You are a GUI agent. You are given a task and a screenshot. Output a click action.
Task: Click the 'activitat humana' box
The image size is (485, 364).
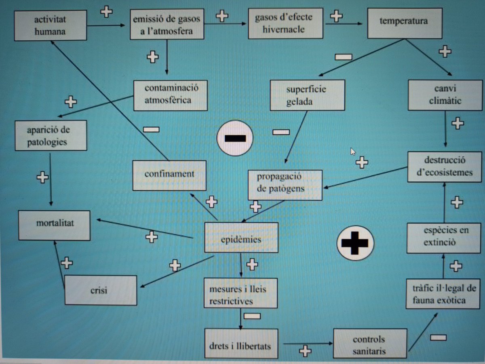pos(50,25)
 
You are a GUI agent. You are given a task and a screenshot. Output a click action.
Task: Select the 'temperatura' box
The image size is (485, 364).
pos(403,23)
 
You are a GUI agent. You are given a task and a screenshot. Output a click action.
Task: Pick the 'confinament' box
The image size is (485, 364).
pos(169,175)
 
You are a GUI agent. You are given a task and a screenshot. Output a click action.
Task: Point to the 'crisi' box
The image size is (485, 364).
pos(101,290)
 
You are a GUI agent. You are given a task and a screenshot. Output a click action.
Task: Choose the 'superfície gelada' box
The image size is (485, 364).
pos(307,95)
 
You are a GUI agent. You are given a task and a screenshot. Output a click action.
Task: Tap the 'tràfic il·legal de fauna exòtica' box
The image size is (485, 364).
pos(443,294)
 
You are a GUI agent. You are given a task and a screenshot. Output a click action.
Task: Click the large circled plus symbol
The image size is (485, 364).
pos(355,243)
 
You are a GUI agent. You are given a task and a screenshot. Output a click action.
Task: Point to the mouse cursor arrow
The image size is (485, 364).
pos(353,151)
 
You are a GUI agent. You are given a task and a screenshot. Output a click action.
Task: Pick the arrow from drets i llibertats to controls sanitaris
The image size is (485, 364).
pos(307,344)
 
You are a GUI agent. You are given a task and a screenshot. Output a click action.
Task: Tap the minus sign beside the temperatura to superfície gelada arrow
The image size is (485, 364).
pos(343,57)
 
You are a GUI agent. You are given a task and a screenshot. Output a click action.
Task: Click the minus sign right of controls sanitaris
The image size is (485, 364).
pos(438,337)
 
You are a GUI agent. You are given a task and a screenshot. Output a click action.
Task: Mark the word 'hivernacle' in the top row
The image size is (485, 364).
pos(285,29)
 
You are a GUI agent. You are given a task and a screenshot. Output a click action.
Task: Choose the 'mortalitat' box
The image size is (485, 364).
pos(55,225)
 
